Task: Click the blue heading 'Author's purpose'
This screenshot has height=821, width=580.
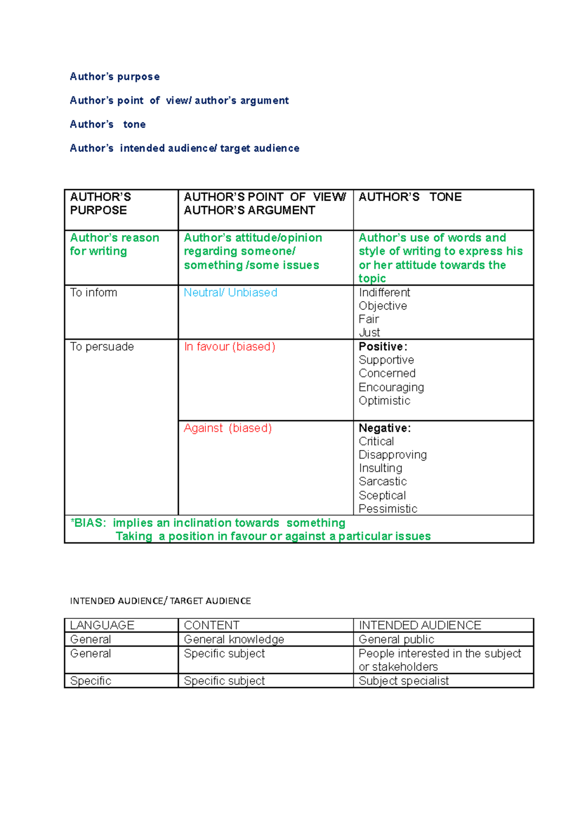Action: pyautogui.click(x=115, y=77)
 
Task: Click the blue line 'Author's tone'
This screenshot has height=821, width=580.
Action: pyautogui.click(x=107, y=125)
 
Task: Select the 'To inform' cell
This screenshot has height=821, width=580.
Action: pyautogui.click(x=93, y=293)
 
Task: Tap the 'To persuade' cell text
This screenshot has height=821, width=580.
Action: pyautogui.click(x=101, y=347)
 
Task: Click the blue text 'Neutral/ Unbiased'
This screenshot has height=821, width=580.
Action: pyautogui.click(x=230, y=293)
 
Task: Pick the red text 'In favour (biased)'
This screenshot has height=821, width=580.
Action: pyautogui.click(x=229, y=347)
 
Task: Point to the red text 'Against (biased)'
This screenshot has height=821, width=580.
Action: pyautogui.click(x=228, y=428)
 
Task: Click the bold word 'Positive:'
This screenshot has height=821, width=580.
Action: pyautogui.click(x=383, y=347)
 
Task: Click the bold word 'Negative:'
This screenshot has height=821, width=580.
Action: pyautogui.click(x=384, y=428)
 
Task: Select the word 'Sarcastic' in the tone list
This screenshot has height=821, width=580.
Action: pyautogui.click(x=382, y=482)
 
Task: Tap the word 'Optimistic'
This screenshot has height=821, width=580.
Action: pyautogui.click(x=384, y=401)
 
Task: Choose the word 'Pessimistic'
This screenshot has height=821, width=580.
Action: pyautogui.click(x=388, y=509)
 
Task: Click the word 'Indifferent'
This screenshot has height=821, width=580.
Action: pyautogui.click(x=384, y=293)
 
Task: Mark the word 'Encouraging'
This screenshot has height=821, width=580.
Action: pyautogui.click(x=391, y=388)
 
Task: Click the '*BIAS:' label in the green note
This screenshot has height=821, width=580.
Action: pyautogui.click(x=88, y=523)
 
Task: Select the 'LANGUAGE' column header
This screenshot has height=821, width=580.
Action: pyautogui.click(x=102, y=626)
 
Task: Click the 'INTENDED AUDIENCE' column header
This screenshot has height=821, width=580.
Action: pyautogui.click(x=420, y=626)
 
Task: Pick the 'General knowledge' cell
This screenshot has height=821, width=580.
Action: pyautogui.click(x=234, y=640)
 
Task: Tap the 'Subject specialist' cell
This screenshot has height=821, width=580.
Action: pyautogui.click(x=404, y=681)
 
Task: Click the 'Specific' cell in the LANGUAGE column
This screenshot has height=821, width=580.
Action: pyautogui.click(x=90, y=681)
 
